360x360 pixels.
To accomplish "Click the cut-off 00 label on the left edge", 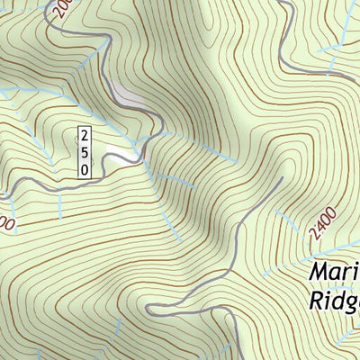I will (6, 222).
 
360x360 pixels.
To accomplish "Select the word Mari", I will (334, 272).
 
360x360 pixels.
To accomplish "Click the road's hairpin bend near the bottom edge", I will (153, 310).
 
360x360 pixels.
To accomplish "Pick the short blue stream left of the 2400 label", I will (286, 219).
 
